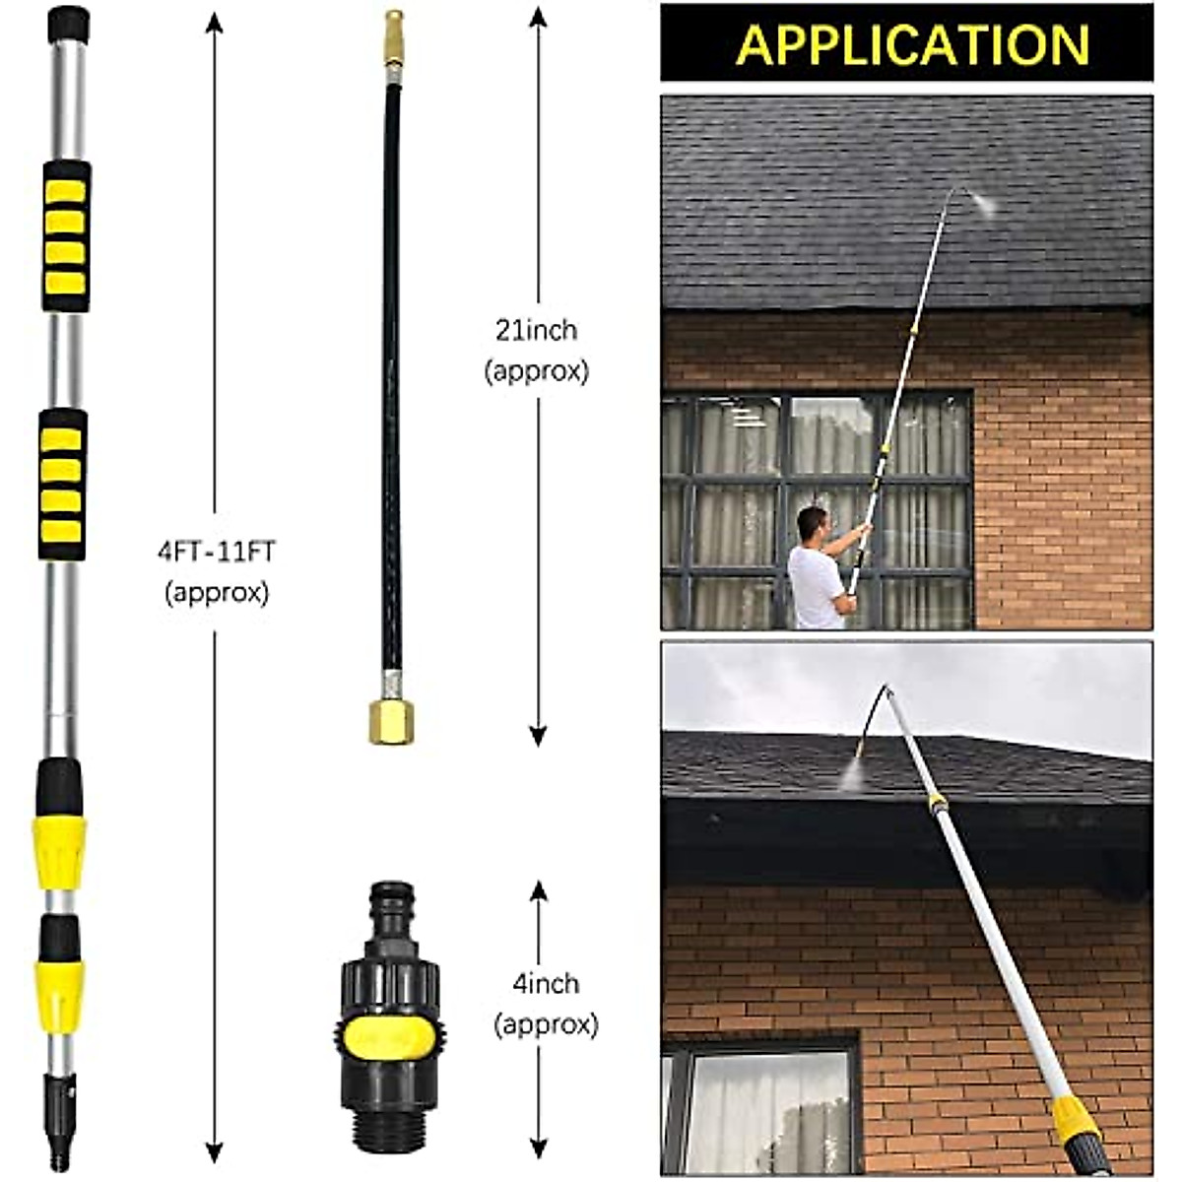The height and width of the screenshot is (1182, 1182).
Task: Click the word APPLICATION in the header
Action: [911, 44]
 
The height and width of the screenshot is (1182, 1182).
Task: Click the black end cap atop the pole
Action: [68, 24]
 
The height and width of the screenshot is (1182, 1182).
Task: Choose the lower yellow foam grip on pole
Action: [64, 483]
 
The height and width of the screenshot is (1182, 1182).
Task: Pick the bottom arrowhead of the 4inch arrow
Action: [538, 1150]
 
